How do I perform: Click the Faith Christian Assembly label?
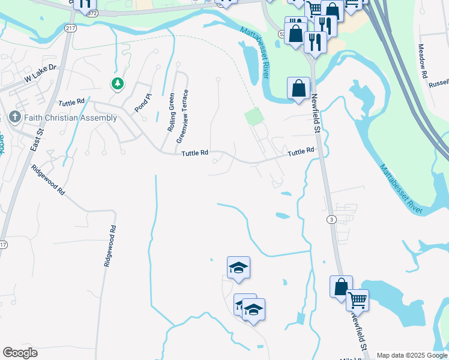[71, 118]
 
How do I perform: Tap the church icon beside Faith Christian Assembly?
[15, 117]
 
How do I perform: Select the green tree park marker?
[118, 84]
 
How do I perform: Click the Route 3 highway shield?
[331, 220]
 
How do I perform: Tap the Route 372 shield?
[91, 12]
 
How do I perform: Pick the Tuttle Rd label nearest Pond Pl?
[72, 103]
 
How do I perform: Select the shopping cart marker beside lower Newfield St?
[357, 299]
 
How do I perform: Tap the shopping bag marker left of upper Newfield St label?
[298, 88]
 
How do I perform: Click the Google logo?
[20, 353]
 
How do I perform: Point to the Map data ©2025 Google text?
[412, 355]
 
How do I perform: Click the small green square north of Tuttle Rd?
[254, 116]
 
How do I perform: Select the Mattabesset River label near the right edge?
[403, 188]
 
